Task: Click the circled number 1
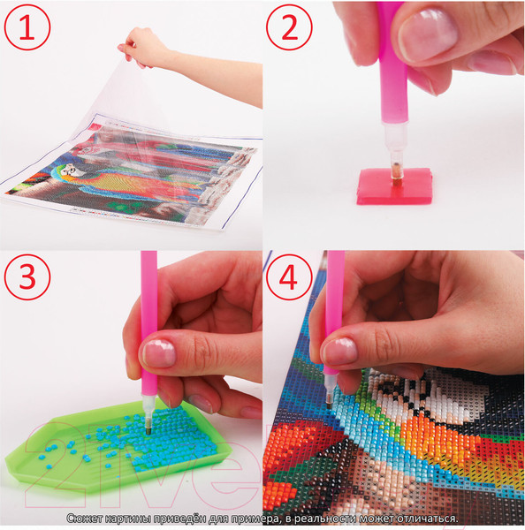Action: click(27, 27)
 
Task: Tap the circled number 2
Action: click(289, 27)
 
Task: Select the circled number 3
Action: click(27, 276)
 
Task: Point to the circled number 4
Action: click(289, 276)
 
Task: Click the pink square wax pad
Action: click(394, 186)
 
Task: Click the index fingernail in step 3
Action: click(159, 353)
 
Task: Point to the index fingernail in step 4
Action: click(339, 352)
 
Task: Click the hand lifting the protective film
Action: click(142, 48)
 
